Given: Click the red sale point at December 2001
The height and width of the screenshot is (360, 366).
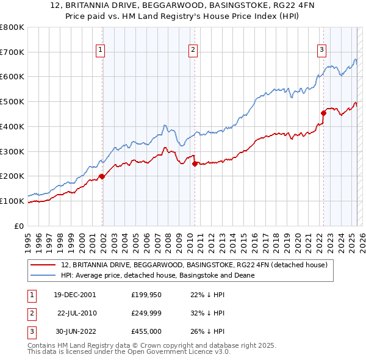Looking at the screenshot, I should click(x=102, y=176).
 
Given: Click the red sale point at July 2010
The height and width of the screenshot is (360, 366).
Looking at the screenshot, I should click(x=195, y=164).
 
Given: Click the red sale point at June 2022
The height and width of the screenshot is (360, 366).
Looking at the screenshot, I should click(x=323, y=113).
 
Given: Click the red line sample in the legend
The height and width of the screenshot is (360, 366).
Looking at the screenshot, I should click(x=43, y=265).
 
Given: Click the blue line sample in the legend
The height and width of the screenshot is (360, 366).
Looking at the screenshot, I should click(x=43, y=275).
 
